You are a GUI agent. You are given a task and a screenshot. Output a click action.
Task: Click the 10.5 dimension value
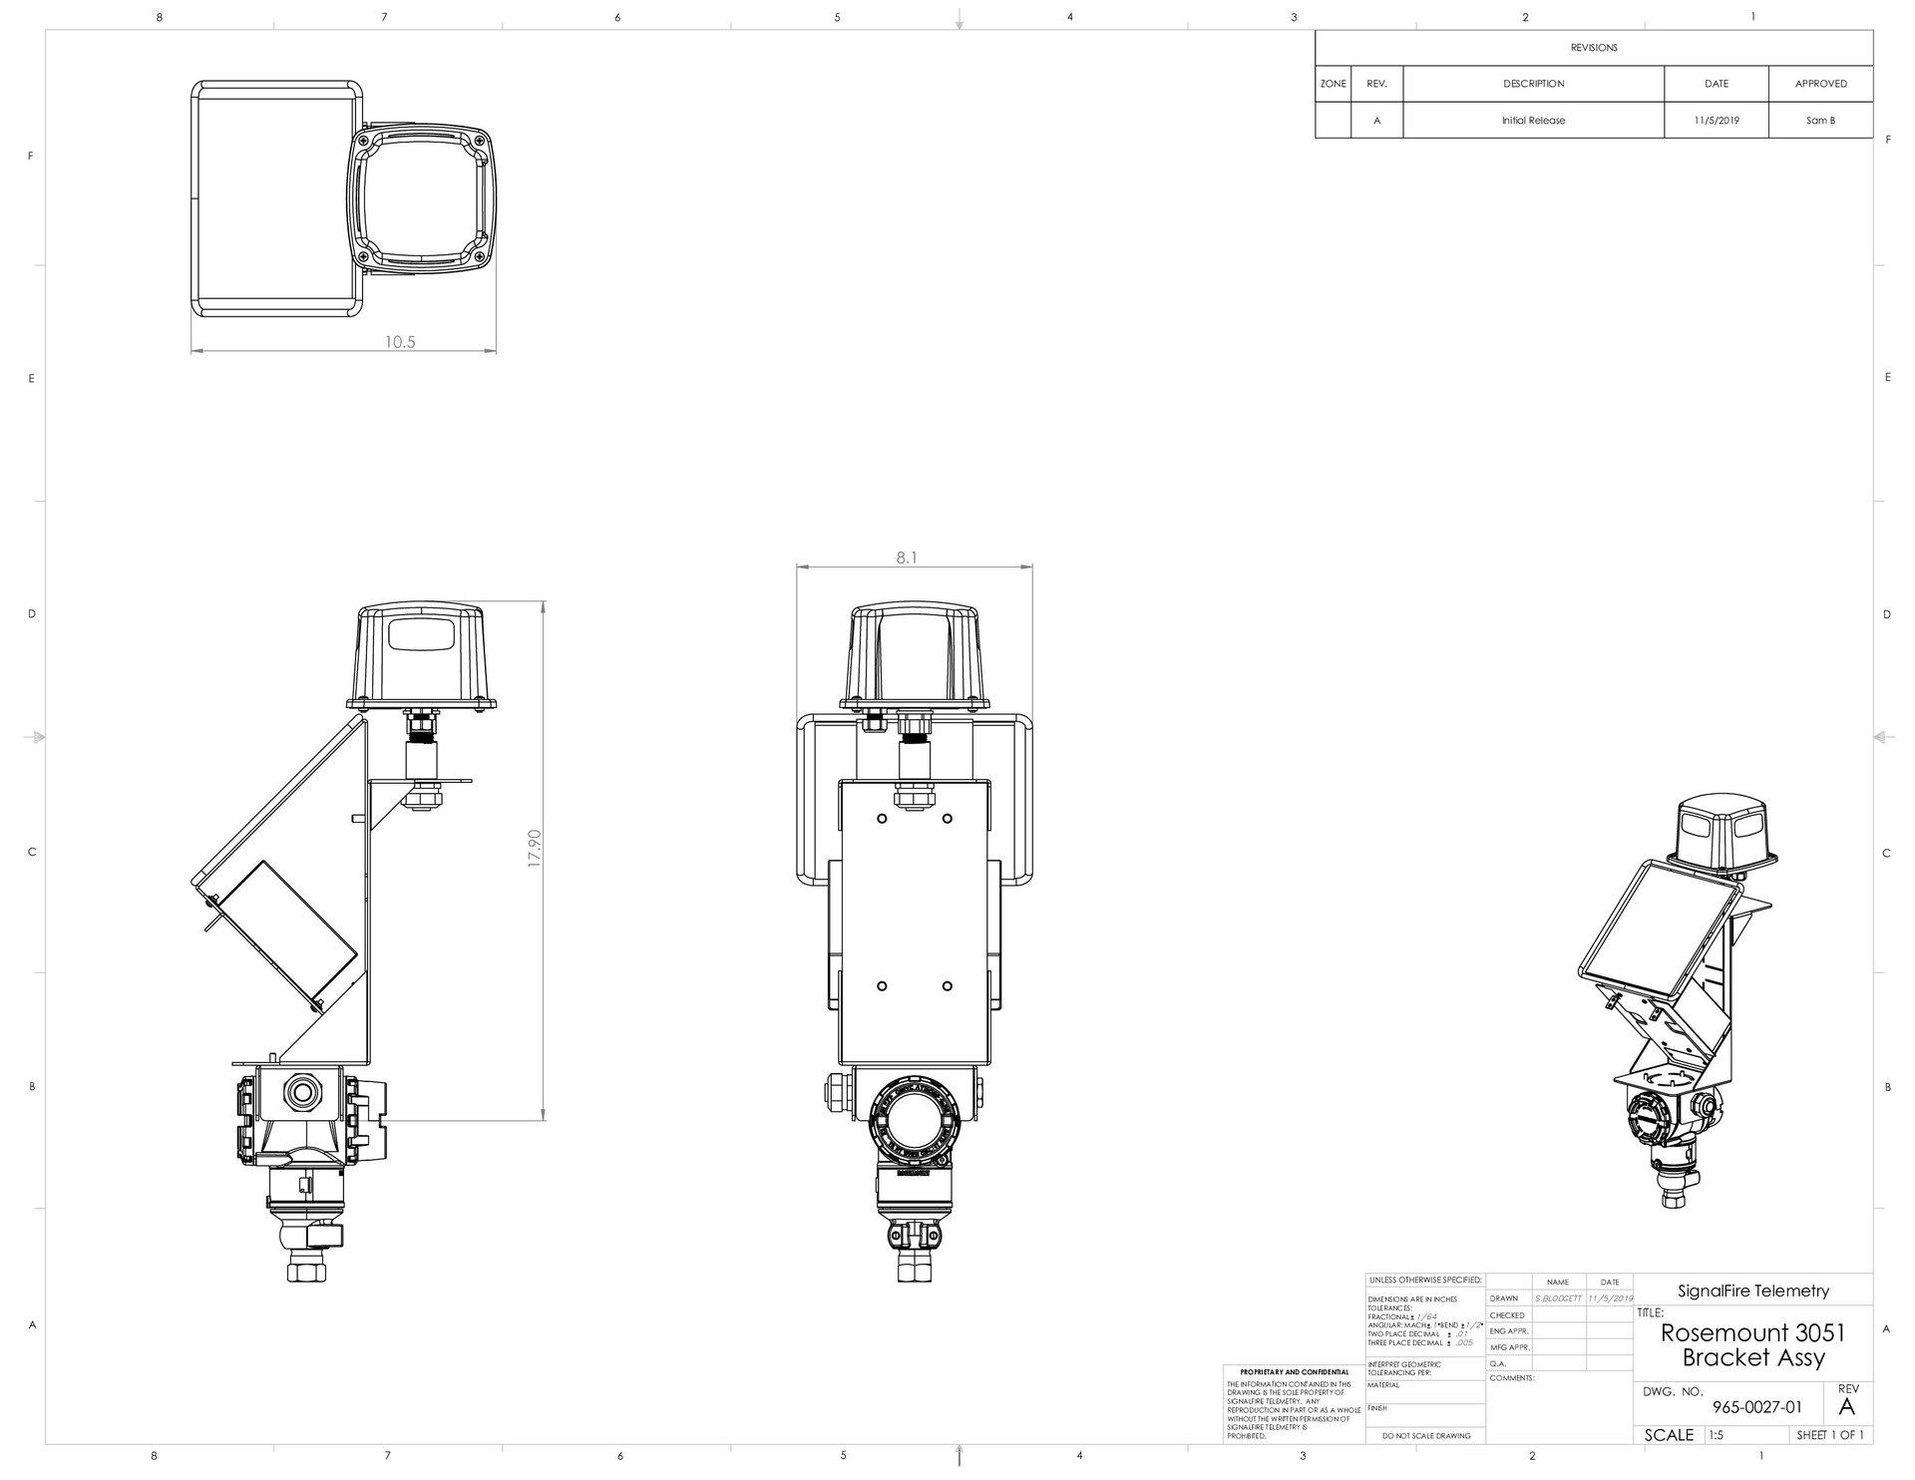click(400, 342)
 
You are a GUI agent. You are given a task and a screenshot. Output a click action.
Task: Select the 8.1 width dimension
click(906, 558)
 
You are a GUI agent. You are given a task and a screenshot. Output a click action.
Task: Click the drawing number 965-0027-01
click(1756, 1407)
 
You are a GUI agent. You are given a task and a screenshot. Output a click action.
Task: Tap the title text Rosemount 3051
click(1752, 1332)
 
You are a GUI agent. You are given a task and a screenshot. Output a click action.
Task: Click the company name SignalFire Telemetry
click(1752, 1291)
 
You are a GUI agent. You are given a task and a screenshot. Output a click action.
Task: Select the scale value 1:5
click(1716, 1435)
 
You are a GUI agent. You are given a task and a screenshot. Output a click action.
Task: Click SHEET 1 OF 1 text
click(1829, 1435)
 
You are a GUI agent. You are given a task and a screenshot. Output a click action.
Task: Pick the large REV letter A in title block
click(1846, 1407)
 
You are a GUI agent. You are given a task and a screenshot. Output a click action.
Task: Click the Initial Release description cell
click(1533, 121)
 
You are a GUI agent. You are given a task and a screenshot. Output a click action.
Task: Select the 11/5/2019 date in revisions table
click(1717, 121)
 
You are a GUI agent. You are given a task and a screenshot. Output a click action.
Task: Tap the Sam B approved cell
click(1820, 121)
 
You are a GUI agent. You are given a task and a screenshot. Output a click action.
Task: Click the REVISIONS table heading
click(1594, 48)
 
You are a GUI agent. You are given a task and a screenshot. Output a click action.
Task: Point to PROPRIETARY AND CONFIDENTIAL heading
click(1294, 1372)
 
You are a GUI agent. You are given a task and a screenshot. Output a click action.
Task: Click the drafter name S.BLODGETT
click(1558, 1298)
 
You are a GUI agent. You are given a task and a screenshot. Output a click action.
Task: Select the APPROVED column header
click(1820, 84)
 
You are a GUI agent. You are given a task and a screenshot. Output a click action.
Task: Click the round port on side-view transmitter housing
click(298, 1093)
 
